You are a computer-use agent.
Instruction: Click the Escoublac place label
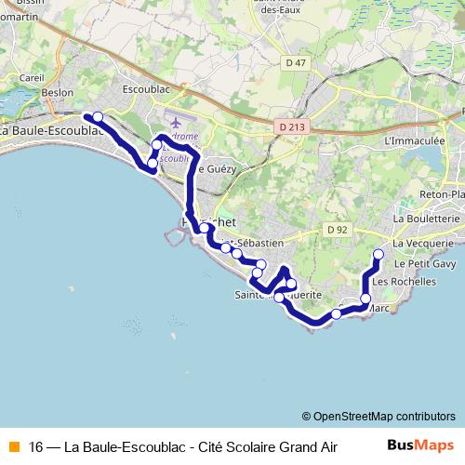[x=144, y=90]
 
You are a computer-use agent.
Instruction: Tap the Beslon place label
[x=58, y=93]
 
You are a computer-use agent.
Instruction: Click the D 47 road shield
[x=296, y=62]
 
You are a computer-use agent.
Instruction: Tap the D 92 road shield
[x=337, y=229]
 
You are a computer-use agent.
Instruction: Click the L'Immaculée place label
[x=415, y=141]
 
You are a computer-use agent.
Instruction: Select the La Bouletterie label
[x=427, y=219]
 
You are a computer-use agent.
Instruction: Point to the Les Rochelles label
[x=404, y=281]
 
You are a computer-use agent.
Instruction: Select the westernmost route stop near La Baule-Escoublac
[x=98, y=116]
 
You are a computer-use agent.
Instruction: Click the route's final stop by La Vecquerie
[x=379, y=254]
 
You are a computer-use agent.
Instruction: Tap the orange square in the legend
[x=12, y=445]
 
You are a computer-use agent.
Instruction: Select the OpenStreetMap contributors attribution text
[x=379, y=416]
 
